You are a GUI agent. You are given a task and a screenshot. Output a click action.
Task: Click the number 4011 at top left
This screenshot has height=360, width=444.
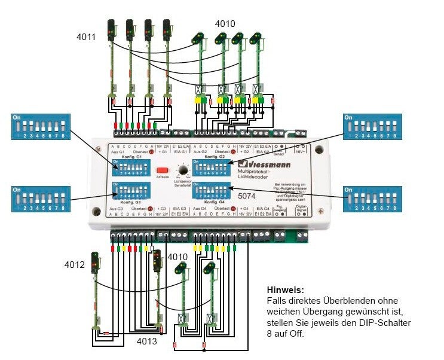click(x=86, y=37)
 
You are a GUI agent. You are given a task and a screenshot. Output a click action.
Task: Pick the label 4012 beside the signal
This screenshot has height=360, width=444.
click(x=75, y=264)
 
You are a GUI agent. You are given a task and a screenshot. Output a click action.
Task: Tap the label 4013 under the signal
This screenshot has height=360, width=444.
click(x=147, y=341)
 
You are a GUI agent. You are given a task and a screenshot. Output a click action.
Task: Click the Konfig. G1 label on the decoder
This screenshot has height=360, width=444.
click(x=132, y=157)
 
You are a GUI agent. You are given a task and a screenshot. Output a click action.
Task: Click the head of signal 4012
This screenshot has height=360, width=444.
click(x=94, y=261)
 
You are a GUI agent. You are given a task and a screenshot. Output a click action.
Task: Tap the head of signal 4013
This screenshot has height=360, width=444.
click(x=157, y=259)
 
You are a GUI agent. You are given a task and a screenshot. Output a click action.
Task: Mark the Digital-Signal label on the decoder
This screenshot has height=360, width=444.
click(x=301, y=210)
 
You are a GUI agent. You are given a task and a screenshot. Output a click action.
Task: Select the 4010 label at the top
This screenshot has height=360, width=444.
click(x=225, y=25)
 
